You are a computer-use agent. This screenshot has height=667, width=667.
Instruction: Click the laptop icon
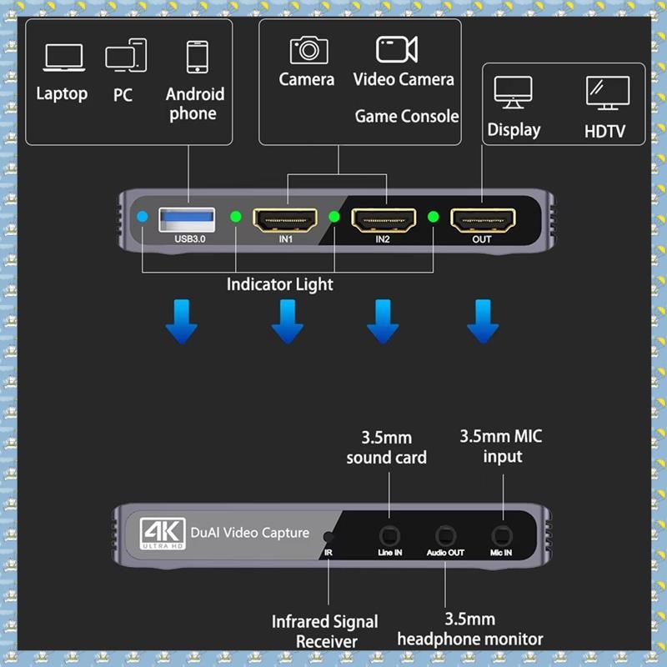pyautogui.click(x=64, y=58)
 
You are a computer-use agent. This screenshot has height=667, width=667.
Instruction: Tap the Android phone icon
pyautogui.click(x=198, y=57)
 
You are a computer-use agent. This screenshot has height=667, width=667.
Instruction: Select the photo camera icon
pyautogui.click(x=309, y=50)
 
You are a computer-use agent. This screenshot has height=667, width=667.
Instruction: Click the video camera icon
pyautogui.click(x=397, y=49)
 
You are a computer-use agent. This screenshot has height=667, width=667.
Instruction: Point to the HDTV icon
pyautogui.click(x=608, y=93)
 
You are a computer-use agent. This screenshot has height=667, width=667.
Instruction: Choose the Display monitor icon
pyautogui.click(x=513, y=93)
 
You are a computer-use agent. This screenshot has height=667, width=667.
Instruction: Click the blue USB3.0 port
pyautogui.click(x=187, y=219)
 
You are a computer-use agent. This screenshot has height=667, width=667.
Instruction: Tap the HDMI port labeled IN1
pyautogui.click(x=285, y=220)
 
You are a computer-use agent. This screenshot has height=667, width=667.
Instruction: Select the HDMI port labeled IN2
pyautogui.click(x=384, y=220)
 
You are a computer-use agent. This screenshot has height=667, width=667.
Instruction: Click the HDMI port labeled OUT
pyautogui.click(x=483, y=220)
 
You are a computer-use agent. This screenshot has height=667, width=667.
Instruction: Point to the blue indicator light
pyautogui.click(x=143, y=217)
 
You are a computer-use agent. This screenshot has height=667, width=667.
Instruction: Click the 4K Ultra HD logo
pyautogui.click(x=163, y=534)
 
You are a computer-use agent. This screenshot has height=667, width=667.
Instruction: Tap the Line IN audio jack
pyautogui.click(x=389, y=536)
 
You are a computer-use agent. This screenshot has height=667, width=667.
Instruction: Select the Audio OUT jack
pyautogui.click(x=445, y=536)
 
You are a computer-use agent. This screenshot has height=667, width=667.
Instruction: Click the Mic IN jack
pyautogui.click(x=502, y=536)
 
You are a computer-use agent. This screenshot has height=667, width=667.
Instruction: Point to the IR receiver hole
pyautogui.click(x=328, y=537)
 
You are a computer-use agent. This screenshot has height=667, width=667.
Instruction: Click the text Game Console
pyautogui.click(x=407, y=116)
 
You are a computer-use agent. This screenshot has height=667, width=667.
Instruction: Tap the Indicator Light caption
pyautogui.click(x=280, y=284)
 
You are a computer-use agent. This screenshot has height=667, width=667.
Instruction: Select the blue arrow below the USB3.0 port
pyautogui.click(x=182, y=322)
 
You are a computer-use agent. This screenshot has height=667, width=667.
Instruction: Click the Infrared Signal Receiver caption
pyautogui.click(x=325, y=631)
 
